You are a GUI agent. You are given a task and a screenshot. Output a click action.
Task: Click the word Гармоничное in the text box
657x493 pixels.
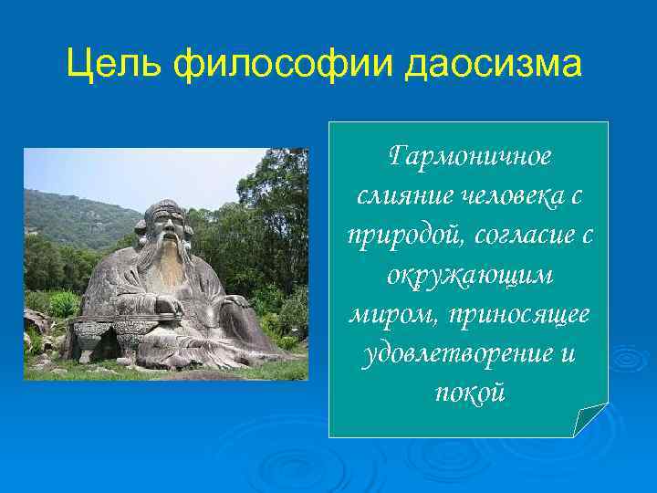click(x=470, y=157)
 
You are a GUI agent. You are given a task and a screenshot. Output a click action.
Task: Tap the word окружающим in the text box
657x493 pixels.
click(x=470, y=275)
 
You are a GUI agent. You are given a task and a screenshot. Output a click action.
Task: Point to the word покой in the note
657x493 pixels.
click(x=470, y=393)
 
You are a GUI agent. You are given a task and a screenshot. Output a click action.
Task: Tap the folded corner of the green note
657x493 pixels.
click(x=591, y=419)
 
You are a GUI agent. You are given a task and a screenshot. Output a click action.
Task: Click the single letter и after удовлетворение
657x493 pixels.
click(x=567, y=353)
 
